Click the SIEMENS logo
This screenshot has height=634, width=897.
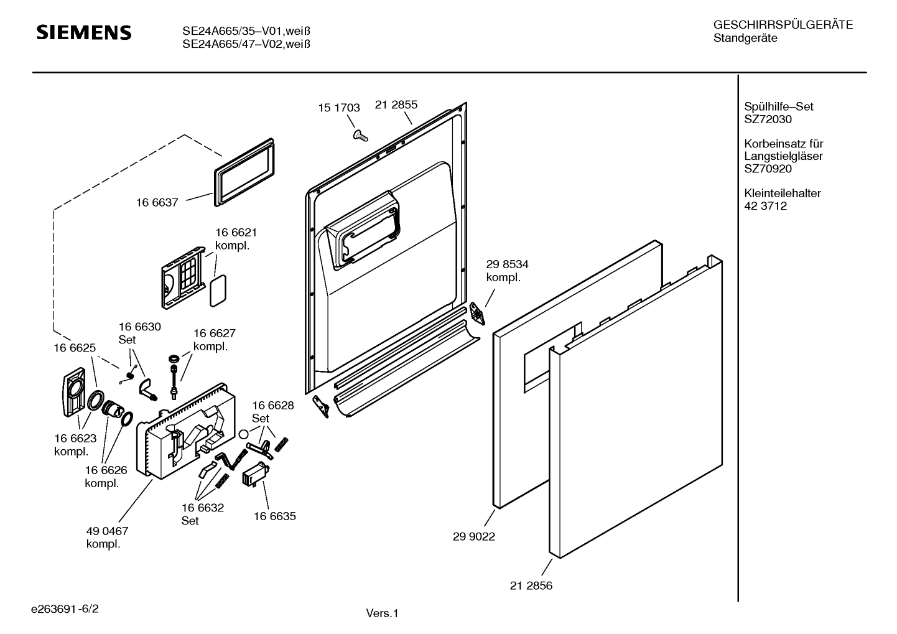pos(84,32)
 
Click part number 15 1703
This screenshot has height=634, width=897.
pos(339,108)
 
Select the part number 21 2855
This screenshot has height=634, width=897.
pos(396,105)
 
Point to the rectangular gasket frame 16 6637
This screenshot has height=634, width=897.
pos(244,172)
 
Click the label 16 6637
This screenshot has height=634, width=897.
pos(157,202)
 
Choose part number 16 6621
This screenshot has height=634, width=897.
pos(236,232)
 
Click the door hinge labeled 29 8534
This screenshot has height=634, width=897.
pos(477,312)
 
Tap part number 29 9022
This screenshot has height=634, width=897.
pos(474,536)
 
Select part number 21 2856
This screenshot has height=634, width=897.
pos(531,585)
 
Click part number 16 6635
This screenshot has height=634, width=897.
pos(274,516)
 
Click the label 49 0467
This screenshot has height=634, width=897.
pos(107,531)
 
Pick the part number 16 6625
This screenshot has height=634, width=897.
pos(75,348)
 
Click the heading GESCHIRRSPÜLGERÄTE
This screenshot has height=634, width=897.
pos(783,25)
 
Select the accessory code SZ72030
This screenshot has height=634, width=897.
pos(768,119)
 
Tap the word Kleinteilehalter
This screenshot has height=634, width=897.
pos(782,193)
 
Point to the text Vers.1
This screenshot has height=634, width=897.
pos(381,613)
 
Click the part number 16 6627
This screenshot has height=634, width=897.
pos(214,333)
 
